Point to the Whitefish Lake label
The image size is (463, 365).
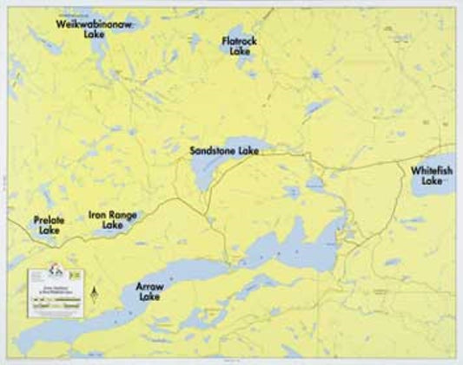[433, 174]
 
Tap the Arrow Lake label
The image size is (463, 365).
[149, 291]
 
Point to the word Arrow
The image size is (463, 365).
[149, 286]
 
